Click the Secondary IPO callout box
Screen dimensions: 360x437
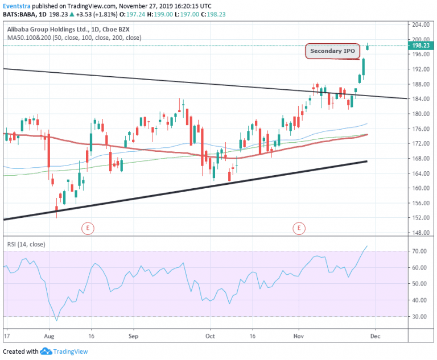pos(333,51)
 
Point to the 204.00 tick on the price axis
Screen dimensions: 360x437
pos(421,25)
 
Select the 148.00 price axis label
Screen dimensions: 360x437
pos(421,233)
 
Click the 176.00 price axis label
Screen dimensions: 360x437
pos(421,129)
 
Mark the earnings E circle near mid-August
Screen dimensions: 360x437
pos(87,228)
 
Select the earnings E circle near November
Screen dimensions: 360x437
pos(299,228)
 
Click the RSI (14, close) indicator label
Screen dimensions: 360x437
pos(27,245)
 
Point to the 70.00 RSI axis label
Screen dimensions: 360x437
pos(420,251)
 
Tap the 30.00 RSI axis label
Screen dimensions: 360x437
pos(420,316)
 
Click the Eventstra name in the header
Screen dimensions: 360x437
pos(18,6)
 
